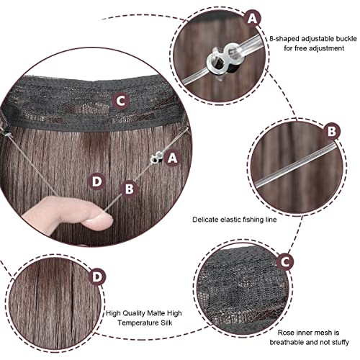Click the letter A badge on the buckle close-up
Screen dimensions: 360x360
pyautogui.click(x=252, y=19)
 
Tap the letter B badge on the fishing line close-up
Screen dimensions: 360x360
pyautogui.click(x=332, y=131)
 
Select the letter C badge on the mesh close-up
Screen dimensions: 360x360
pyautogui.click(x=285, y=262)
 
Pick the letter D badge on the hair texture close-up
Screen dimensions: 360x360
pyautogui.click(x=97, y=277)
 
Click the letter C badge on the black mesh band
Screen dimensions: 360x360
pyautogui.click(x=121, y=102)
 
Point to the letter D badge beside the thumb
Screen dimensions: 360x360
pyautogui.click(x=96, y=181)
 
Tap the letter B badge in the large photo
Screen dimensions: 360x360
pyautogui.click(x=130, y=189)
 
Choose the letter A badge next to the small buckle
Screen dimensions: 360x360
pyautogui.click(x=172, y=158)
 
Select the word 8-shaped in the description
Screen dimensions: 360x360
pyautogui.click(x=284, y=39)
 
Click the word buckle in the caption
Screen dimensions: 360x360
pyautogui.click(x=346, y=39)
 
